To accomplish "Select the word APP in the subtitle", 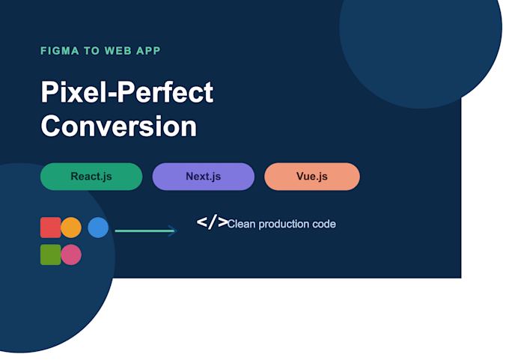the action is tap(148, 51).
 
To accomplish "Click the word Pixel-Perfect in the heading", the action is tap(127, 92).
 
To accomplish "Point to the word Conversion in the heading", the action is tap(119, 126).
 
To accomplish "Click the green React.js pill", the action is tap(91, 177).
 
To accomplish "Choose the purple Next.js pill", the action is tap(203, 177).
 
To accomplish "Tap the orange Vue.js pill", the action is tap(312, 177).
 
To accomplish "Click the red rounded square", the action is tap(51, 228).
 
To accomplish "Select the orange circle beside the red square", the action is tap(71, 228).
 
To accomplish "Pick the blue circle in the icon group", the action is tap(98, 228).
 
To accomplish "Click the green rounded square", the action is tap(51, 254).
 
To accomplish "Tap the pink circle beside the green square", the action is tap(71, 254).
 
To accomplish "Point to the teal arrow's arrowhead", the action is tap(174, 231).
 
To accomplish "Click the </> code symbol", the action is tap(213, 222).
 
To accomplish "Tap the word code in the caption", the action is tap(324, 224).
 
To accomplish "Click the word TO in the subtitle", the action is tap(91, 51).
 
